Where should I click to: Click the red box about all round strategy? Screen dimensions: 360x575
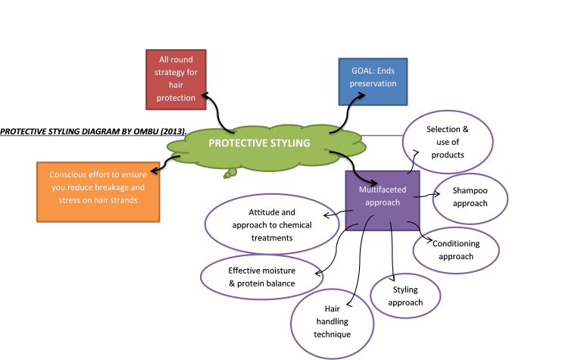click(177, 79)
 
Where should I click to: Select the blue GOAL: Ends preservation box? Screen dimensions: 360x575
click(373, 80)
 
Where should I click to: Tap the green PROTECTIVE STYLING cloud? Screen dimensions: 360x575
click(259, 143)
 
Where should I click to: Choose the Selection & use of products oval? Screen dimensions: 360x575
click(448, 142)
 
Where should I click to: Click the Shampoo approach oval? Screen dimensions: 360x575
click(470, 197)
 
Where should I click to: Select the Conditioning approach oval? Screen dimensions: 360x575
click(455, 249)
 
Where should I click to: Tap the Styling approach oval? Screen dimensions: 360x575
click(405, 296)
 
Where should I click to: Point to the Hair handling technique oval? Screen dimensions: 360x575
click(332, 321)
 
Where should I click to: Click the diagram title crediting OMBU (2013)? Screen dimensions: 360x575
click(92, 130)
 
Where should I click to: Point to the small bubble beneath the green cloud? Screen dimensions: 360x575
click(229, 175)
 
